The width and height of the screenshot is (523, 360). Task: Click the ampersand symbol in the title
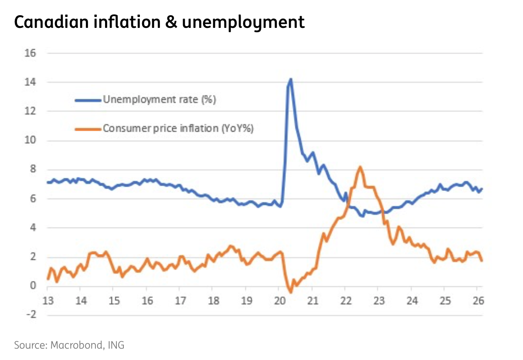coord(170,22)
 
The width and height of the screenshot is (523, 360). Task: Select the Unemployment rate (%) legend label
coord(160,100)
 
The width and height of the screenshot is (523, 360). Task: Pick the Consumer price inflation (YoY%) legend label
coord(178,129)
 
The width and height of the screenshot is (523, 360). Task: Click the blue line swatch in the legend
coord(88,100)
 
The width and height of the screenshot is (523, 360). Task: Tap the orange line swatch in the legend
coord(88,129)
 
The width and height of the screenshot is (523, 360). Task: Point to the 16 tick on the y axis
coord(31,53)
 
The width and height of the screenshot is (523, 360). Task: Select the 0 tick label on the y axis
coord(33,286)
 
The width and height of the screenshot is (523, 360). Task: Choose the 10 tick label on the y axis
coord(31,140)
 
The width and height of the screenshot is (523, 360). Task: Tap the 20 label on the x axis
coord(278,301)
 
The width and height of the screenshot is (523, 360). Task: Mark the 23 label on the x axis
coord(378,301)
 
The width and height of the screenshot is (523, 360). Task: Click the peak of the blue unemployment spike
coord(290,79)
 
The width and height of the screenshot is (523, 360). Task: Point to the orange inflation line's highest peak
coord(360,167)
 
